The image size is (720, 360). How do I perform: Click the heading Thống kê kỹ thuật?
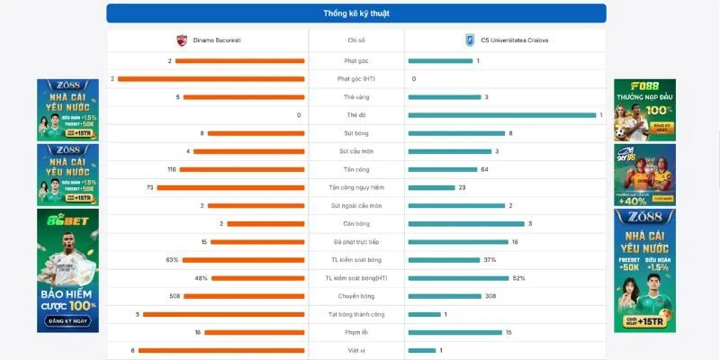pos(355,13)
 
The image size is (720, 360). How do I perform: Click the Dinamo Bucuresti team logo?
pos(183,40)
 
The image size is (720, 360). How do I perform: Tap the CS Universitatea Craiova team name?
pos(514,40)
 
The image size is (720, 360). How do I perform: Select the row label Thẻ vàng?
pos(355,97)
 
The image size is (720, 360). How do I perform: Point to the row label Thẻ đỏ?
pos(355,115)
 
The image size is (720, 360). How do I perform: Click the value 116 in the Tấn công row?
pos(171,169)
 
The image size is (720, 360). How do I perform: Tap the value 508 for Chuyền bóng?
pos(175,296)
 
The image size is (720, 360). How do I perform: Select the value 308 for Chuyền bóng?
pos(490,296)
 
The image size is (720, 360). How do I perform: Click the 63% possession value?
pos(172,259)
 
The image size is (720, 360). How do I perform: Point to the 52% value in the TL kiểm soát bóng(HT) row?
pos(518,278)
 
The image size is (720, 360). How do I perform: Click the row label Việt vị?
pos(355,350)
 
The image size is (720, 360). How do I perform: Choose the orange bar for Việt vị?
pos(221,350)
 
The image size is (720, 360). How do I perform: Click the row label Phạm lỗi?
pos(355,332)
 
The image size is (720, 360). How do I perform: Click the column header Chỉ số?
pos(355,40)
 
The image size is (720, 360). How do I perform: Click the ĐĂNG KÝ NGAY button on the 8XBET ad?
pos(67,320)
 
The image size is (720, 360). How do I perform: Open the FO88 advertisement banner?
pos(644,110)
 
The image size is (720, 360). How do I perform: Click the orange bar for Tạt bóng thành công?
pos(223,314)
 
